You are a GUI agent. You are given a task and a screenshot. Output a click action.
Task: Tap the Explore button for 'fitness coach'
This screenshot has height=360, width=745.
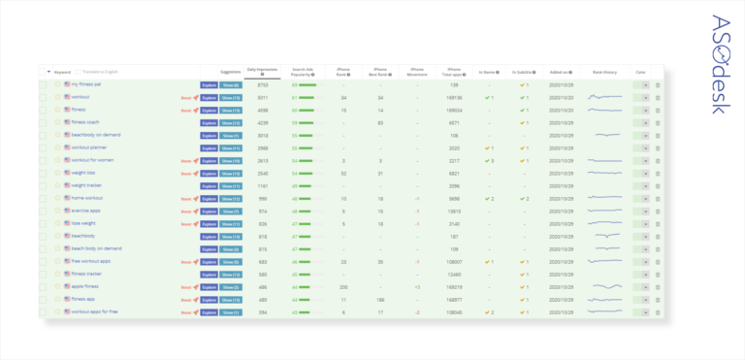coord(209,122)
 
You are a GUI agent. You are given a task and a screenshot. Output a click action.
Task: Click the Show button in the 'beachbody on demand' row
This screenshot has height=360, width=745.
coord(231,135)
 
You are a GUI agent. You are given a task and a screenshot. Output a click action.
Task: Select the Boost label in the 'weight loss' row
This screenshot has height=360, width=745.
coord(186,173)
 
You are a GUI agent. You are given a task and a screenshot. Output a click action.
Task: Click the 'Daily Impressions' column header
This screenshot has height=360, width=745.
coord(263,71)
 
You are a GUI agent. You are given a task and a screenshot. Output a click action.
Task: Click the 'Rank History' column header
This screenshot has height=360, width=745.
coord(605,71)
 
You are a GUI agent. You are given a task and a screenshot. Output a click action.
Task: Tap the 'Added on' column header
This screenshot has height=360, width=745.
coord(560,71)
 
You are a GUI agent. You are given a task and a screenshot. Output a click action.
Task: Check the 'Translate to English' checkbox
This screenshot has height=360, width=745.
coord(80,71)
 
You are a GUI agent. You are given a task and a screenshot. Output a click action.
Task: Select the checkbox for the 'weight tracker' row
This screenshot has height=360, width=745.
coord(43,185)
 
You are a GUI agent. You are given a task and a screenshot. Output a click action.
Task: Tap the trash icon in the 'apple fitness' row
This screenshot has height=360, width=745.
coord(657,287)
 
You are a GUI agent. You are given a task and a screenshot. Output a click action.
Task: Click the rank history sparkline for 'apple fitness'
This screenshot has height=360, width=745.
coord(607,287)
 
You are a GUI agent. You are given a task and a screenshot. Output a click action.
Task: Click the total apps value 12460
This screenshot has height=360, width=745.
coord(453,274)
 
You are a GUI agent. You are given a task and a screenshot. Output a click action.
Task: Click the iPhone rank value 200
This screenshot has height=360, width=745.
coord(344,287)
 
